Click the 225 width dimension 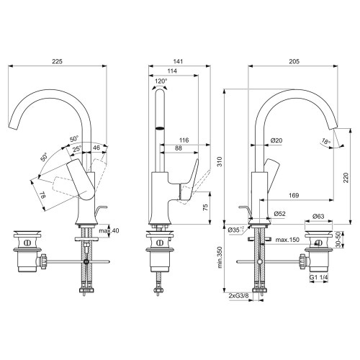point(57,62)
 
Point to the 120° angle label point(161,81)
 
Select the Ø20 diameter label point(276,140)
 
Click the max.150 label point(286,240)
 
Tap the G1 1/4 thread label point(318,277)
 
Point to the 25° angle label point(77,149)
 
